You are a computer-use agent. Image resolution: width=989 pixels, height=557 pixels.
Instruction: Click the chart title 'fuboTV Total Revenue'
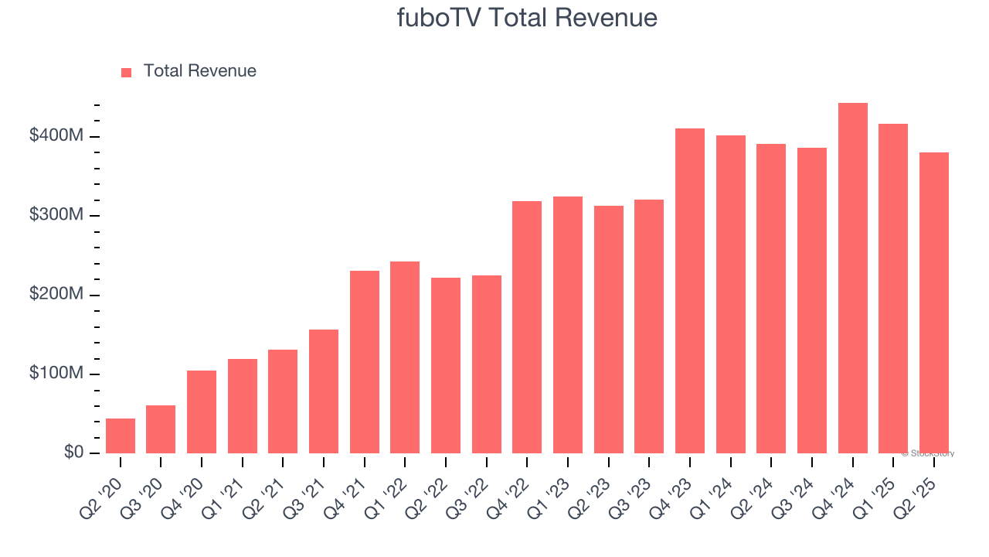coord(527,17)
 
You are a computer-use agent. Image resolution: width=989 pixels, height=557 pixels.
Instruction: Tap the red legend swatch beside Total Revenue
coord(127,72)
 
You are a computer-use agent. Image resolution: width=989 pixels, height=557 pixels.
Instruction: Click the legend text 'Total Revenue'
coord(199,71)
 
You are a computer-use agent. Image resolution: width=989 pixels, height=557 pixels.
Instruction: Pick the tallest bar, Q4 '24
coord(852,278)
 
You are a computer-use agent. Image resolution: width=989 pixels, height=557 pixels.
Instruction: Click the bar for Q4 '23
coord(690,291)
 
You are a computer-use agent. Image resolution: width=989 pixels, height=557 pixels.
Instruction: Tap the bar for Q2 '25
coord(933,302)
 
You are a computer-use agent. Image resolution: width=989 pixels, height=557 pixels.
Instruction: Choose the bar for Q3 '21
coord(324,391)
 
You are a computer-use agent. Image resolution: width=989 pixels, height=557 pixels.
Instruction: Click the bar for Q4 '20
coord(202,412)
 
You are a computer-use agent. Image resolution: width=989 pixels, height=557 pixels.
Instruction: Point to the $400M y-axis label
coord(56,136)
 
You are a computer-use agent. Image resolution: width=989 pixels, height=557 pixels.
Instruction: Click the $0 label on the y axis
coord(73,453)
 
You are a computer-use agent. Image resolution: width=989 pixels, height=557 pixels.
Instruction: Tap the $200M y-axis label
coord(56,295)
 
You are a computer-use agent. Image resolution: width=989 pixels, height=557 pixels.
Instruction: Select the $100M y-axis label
coord(56,374)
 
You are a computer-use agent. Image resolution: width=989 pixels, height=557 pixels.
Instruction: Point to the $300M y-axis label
coord(56,215)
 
